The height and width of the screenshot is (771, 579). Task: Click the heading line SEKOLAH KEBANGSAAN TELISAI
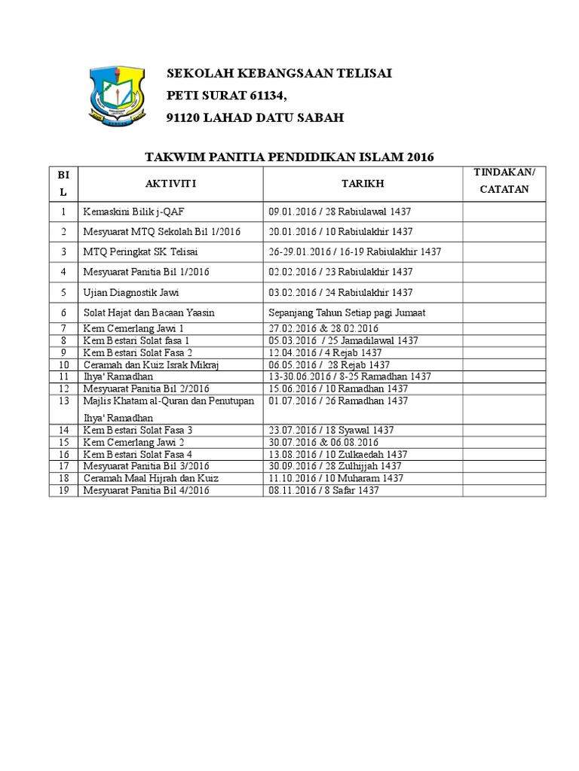pos(279,74)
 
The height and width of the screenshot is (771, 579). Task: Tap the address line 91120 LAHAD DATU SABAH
pos(255,118)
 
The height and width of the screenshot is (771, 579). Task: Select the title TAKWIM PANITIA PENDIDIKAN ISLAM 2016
pos(289,157)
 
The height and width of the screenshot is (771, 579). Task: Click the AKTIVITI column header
pos(170,184)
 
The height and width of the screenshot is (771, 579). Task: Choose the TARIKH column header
pos(362,184)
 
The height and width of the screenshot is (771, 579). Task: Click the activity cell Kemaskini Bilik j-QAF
pos(133,212)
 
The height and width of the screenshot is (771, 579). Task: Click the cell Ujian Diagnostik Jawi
pos(131,292)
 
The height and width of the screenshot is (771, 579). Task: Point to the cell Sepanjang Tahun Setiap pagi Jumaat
pos(348,312)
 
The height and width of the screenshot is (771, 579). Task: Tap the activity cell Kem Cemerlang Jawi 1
pos(133,329)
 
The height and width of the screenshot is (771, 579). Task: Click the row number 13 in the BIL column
pos(64,401)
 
